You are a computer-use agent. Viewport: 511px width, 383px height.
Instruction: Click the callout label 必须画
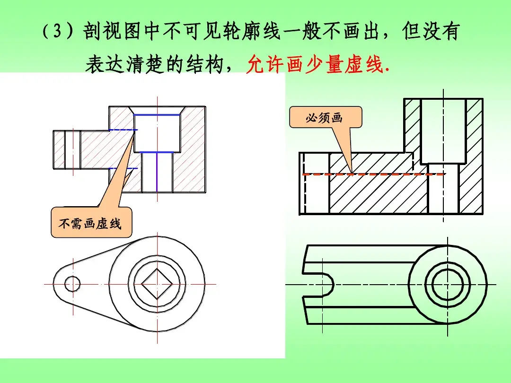(x=324, y=118)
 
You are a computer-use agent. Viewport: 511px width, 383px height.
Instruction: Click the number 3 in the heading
(x=57, y=32)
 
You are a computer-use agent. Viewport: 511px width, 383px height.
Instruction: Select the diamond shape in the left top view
(x=157, y=284)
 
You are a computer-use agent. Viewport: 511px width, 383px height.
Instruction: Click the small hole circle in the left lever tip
(x=72, y=284)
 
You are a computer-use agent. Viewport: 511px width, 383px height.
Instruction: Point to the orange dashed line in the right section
(x=374, y=174)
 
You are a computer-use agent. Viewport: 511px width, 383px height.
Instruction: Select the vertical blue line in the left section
(x=157, y=172)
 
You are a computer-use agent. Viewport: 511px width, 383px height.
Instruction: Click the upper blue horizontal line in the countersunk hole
(x=157, y=114)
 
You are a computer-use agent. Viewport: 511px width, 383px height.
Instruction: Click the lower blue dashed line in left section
(x=124, y=168)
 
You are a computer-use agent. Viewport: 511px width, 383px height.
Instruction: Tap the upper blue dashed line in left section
(x=123, y=130)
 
